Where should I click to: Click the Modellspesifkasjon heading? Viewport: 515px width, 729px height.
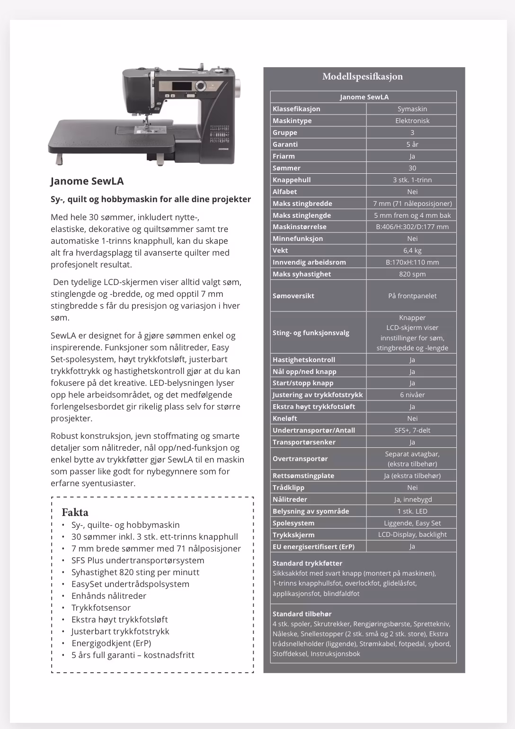[x=363, y=77]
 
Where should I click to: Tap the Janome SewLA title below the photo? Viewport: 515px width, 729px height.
[x=87, y=181]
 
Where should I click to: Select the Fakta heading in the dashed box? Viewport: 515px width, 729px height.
[x=75, y=512]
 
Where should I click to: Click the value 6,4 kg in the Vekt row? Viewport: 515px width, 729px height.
[x=412, y=250]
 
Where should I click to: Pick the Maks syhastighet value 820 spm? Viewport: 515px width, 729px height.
[x=412, y=274]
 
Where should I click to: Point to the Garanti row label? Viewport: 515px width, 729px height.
[x=285, y=144]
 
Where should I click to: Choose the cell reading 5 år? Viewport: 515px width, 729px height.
[x=412, y=144]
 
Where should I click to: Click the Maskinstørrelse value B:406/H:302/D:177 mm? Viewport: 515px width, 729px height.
[x=412, y=227]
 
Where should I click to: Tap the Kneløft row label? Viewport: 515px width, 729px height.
[x=285, y=418]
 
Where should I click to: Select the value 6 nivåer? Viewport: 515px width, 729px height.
[x=412, y=395]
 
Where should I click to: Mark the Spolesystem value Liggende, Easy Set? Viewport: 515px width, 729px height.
[x=412, y=523]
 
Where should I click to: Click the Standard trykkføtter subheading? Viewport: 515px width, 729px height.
[x=307, y=563]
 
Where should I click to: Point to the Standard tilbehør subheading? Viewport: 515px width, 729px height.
[x=302, y=614]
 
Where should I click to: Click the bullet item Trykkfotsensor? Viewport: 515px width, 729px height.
[x=101, y=608]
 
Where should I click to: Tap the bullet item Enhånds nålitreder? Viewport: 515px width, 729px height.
[x=109, y=596]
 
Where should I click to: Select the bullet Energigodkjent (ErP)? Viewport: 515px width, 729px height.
[x=111, y=643]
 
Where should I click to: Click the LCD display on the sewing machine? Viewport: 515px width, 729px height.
[x=182, y=86]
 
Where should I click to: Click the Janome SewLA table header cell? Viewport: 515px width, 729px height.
[x=364, y=97]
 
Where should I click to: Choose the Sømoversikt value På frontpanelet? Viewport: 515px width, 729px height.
[x=412, y=296]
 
